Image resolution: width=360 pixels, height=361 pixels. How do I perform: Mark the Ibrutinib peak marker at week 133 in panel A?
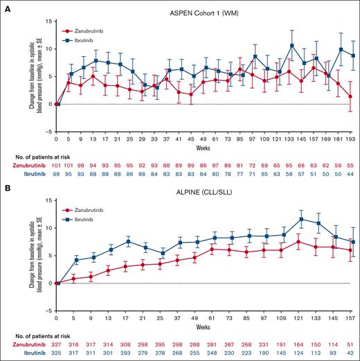[292, 46]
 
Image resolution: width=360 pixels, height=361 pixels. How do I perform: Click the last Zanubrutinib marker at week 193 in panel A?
[352, 97]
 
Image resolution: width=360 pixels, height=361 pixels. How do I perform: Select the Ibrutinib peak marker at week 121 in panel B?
[300, 220]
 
